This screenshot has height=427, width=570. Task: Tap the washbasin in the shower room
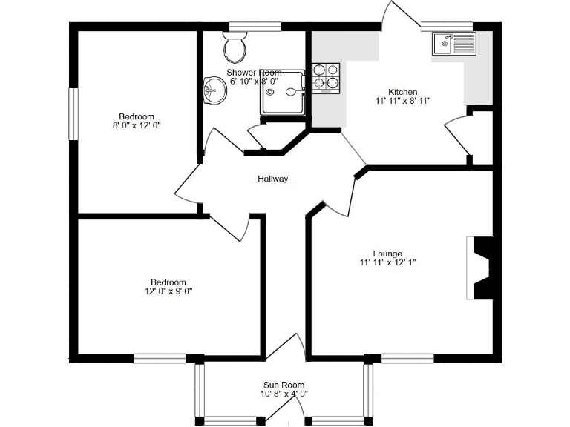(213, 92)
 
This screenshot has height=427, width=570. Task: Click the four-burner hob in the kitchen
(326, 78)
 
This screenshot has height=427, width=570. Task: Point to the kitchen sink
(453, 44)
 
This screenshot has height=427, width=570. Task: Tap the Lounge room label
(387, 254)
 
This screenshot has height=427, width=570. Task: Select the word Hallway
(272, 179)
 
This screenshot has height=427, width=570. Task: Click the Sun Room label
(284, 385)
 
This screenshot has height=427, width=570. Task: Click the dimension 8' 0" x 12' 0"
(137, 125)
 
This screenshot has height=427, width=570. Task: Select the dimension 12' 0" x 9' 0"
(168, 291)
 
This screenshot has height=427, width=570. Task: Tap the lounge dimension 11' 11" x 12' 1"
(387, 262)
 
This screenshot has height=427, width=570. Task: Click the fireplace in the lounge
(482, 268)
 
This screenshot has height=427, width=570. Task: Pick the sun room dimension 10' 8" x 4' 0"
(284, 394)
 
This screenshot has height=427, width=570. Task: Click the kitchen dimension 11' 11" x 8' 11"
(402, 101)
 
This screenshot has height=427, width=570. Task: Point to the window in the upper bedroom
(73, 113)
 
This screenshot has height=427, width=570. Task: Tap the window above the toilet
(255, 27)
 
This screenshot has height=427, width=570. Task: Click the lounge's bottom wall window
(407, 359)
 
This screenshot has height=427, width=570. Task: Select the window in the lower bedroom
(160, 359)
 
